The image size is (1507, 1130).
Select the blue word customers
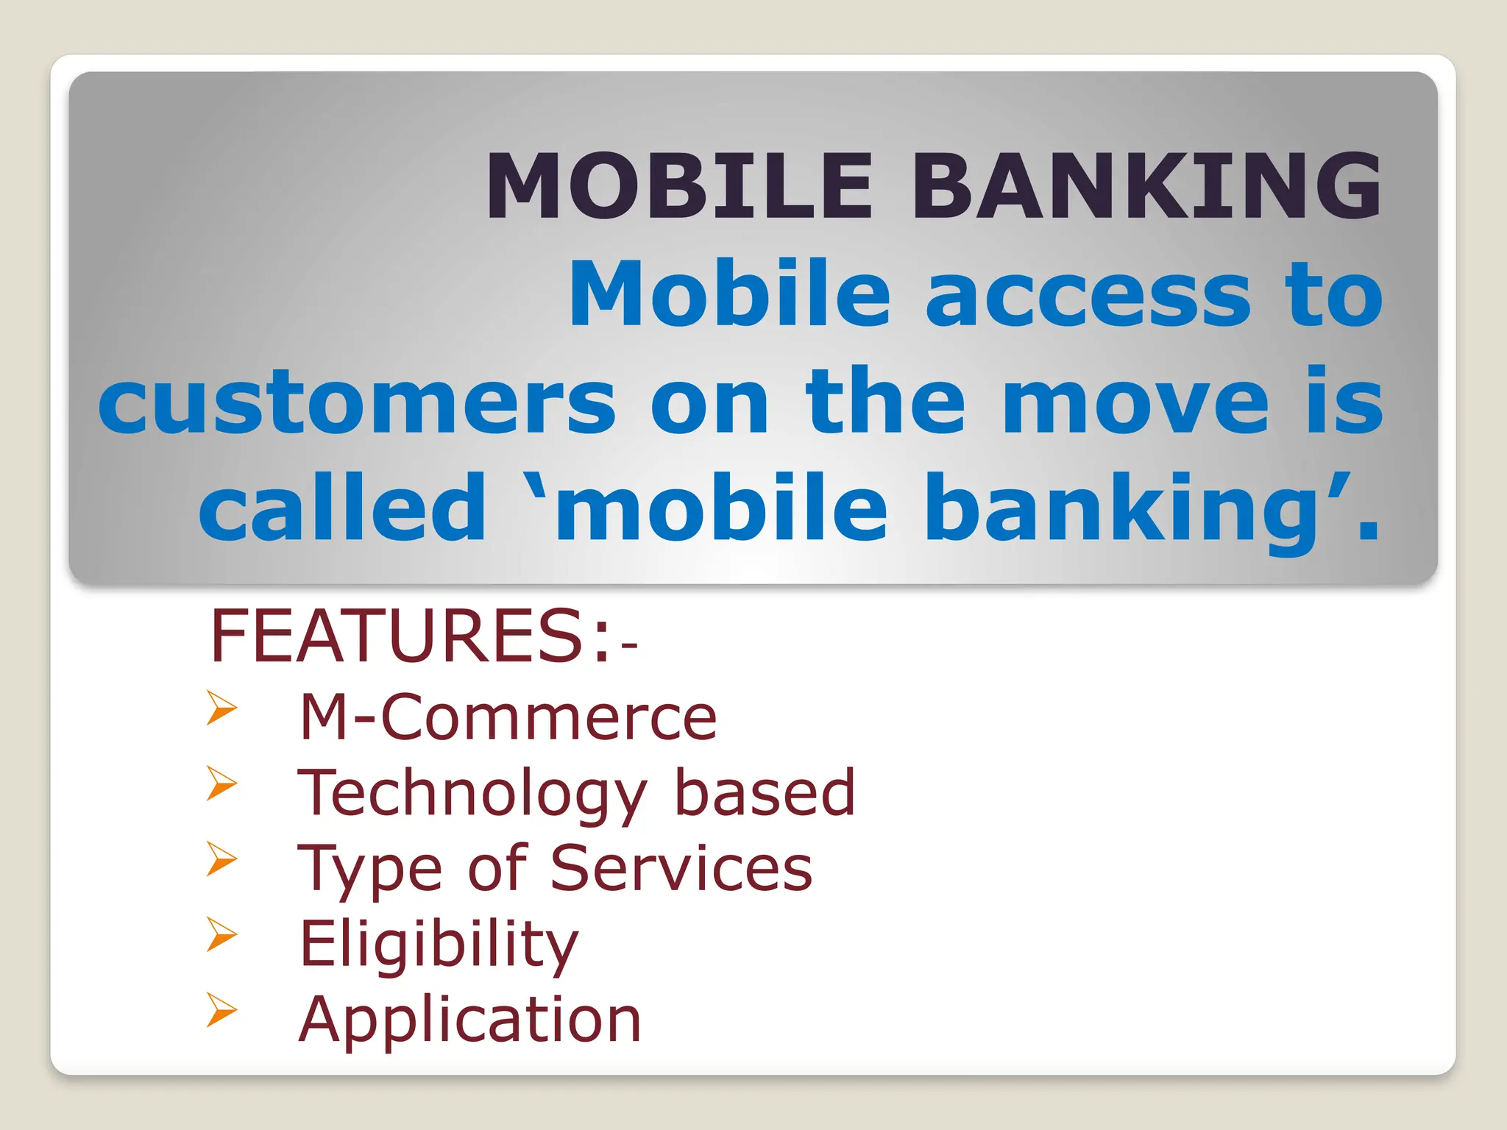point(357,403)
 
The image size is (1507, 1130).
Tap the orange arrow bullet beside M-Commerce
point(221,708)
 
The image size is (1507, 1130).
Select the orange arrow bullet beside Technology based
point(221,783)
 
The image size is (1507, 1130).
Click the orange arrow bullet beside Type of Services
point(221,859)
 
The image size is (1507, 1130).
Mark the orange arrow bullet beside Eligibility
point(221,934)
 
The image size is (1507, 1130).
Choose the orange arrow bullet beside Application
point(221,1009)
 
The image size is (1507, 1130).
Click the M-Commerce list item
point(508,717)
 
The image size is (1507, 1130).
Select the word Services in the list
point(681,868)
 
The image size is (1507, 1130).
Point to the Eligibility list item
point(439,945)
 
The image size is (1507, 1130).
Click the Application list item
point(469,1021)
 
